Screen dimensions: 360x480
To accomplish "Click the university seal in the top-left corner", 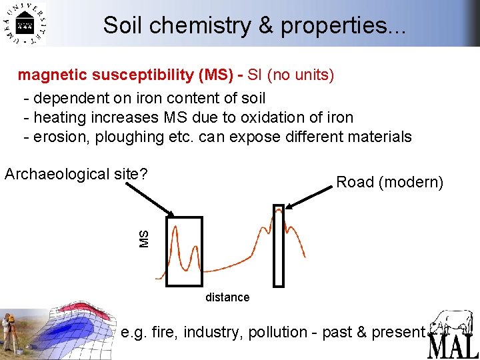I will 25,25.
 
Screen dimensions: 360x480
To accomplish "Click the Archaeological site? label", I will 75,174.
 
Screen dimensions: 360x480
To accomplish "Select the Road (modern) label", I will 390,182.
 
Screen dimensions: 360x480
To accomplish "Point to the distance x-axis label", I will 227,297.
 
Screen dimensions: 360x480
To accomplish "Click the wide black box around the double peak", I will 183,251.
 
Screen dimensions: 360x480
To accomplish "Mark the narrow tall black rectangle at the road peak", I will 279,245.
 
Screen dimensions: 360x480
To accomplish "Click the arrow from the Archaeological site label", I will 150,201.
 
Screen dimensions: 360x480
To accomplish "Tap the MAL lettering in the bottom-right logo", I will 453,346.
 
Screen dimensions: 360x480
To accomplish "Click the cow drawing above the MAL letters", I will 451,323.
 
